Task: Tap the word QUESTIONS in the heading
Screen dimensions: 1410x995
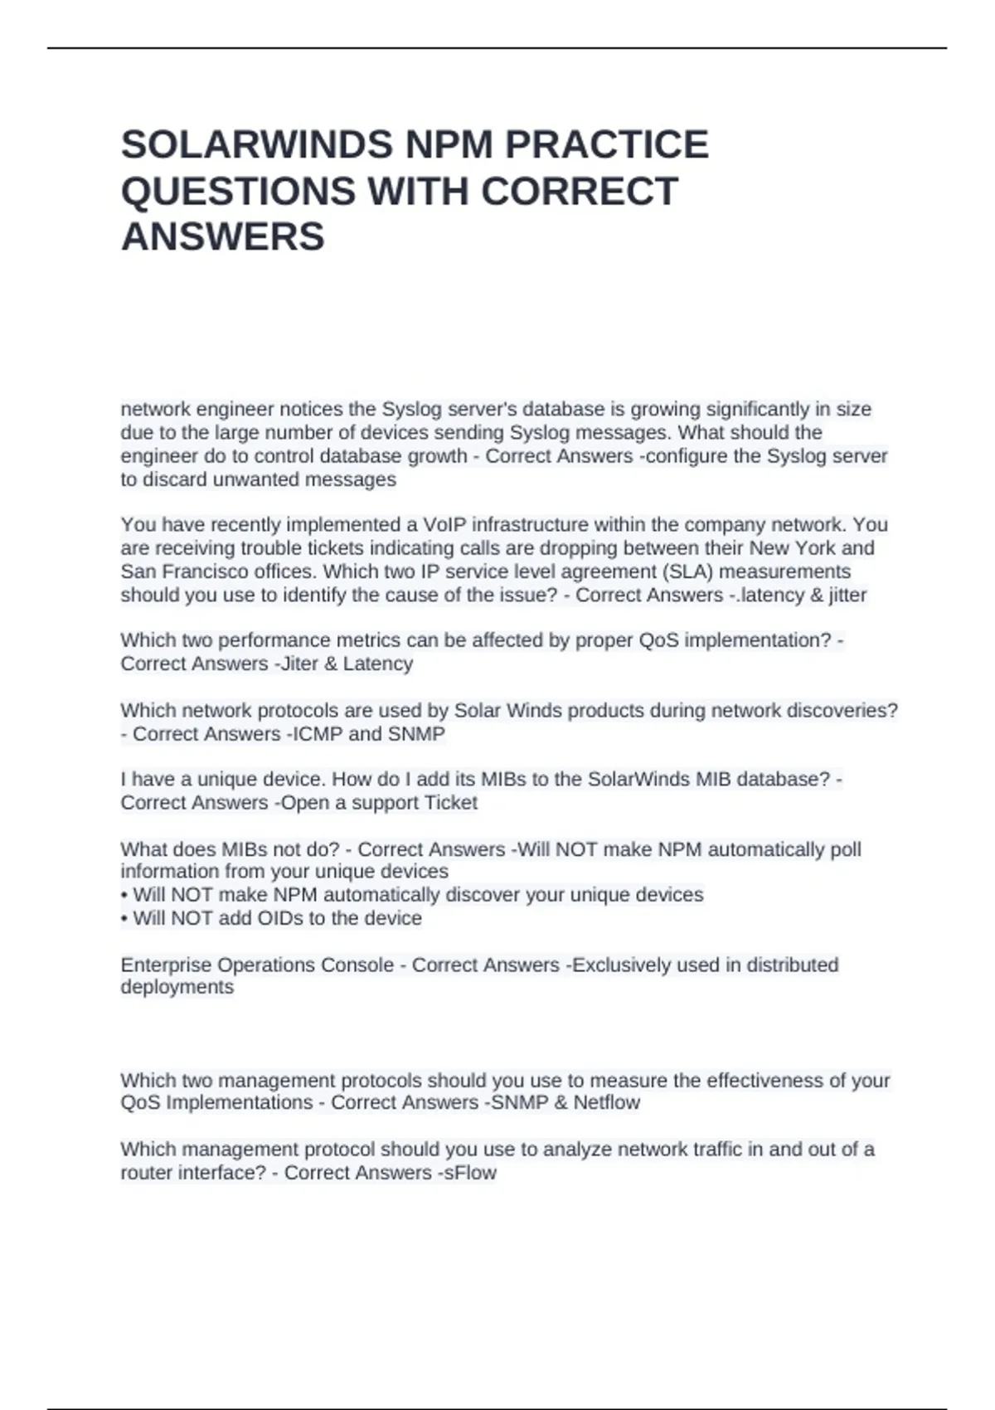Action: point(237,192)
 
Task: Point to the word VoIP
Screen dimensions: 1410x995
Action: point(444,525)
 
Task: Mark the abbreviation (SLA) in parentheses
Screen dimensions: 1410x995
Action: point(686,571)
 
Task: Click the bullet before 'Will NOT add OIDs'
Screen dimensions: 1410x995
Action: point(124,919)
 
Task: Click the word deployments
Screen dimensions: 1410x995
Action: point(177,987)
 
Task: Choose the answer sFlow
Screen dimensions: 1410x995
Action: point(471,1173)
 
